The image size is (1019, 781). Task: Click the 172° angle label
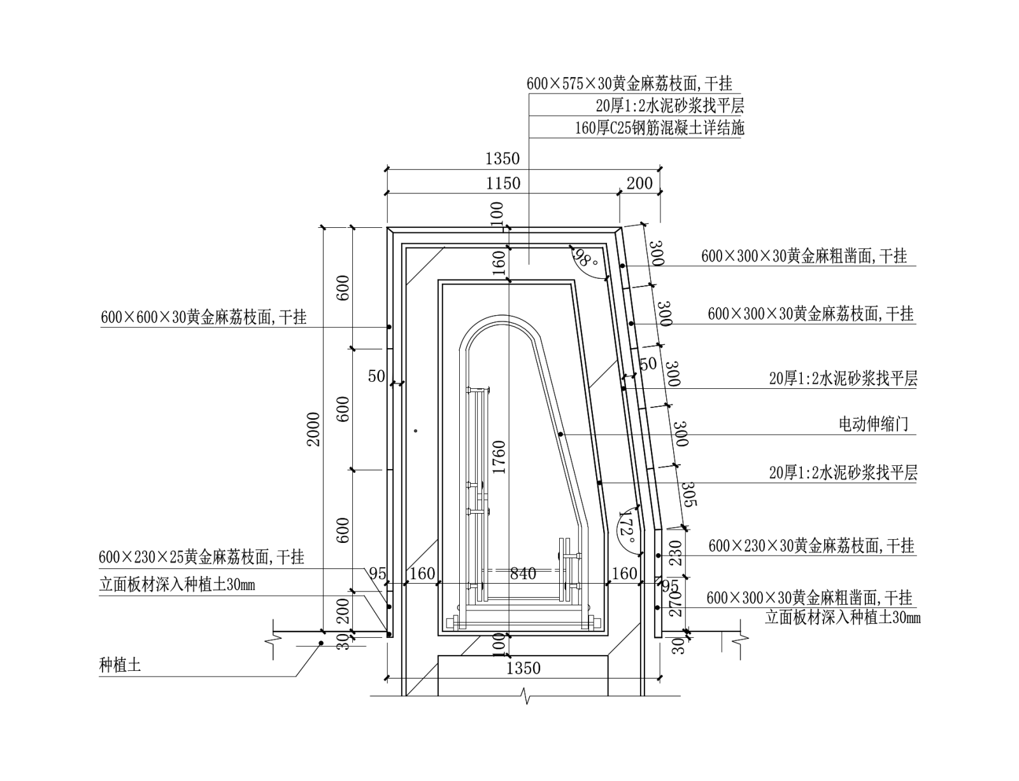(627, 526)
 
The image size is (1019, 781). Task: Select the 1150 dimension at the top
(503, 183)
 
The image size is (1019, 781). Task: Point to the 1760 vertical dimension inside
(499, 457)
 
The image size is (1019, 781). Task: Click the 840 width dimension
(523, 574)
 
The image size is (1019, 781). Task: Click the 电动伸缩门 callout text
(874, 425)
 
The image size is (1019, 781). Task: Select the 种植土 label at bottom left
(120, 666)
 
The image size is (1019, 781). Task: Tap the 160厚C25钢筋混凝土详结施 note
(659, 128)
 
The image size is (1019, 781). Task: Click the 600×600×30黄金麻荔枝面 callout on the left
(204, 317)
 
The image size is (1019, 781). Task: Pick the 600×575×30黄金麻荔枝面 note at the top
(629, 83)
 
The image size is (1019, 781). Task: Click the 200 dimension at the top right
(639, 183)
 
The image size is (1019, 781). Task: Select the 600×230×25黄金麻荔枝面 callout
(201, 558)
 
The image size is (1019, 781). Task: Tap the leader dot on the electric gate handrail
(560, 434)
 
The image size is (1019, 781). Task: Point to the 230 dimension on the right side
(676, 552)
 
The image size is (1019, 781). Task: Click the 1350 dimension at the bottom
(523, 668)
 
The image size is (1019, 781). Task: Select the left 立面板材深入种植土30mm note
(177, 585)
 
